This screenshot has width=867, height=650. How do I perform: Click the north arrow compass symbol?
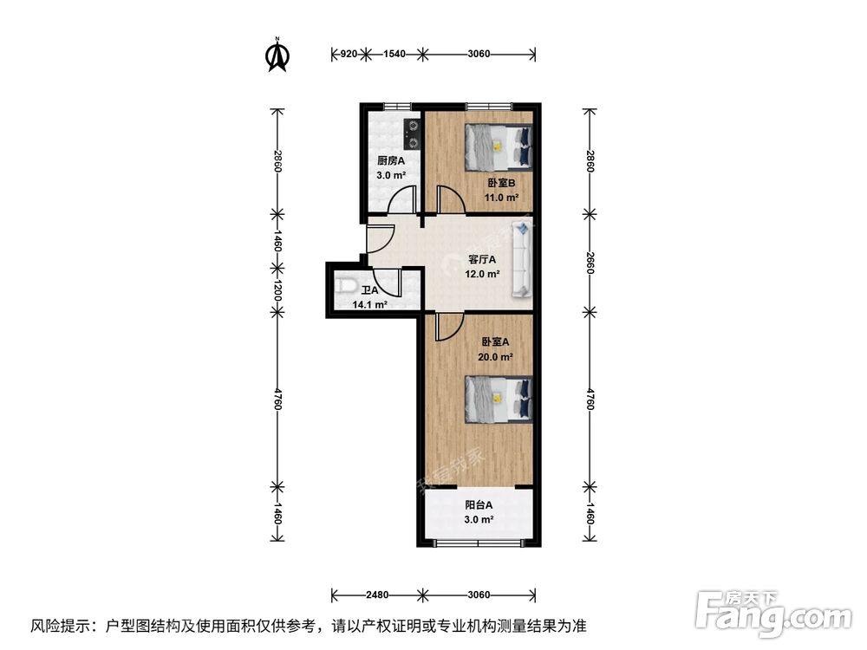[277, 55]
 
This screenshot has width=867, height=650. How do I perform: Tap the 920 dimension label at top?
[347, 54]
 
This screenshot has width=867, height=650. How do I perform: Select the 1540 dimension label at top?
[394, 54]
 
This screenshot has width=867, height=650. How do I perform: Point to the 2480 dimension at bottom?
[376, 595]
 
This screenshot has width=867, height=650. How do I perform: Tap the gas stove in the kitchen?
[413, 132]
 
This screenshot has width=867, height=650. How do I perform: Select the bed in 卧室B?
[499, 146]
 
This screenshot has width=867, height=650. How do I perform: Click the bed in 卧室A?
[499, 399]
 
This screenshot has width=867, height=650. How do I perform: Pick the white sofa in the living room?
[523, 258]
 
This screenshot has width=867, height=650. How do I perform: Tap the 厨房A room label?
[386, 160]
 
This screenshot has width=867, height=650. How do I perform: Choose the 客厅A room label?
[482, 259]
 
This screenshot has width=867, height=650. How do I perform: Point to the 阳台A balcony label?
[479, 504]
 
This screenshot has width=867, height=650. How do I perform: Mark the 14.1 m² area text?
[369, 305]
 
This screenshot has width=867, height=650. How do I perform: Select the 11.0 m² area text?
[501, 198]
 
